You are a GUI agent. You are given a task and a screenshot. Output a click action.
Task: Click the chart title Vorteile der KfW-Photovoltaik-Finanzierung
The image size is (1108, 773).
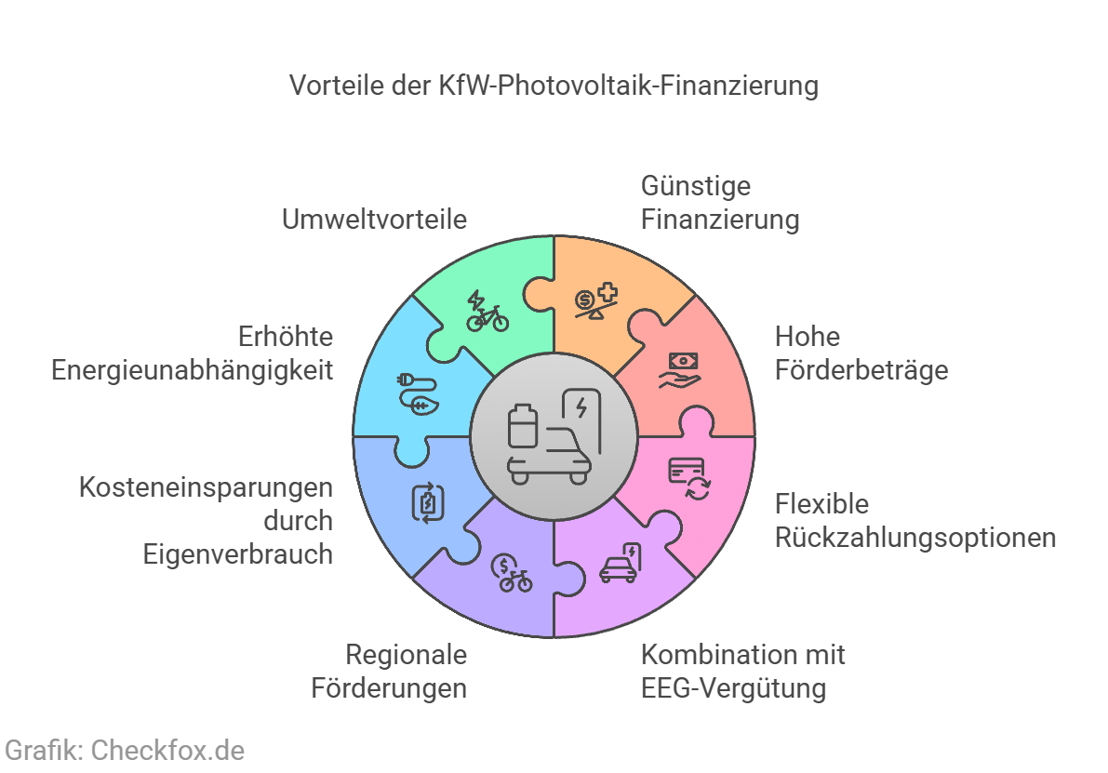coord(554,86)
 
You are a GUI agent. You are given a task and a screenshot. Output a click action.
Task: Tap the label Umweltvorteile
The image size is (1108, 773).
coord(375,219)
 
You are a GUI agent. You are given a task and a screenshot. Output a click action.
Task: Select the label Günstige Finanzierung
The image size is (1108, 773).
coord(720,202)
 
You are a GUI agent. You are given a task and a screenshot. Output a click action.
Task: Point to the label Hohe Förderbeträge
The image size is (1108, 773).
coord(861,353)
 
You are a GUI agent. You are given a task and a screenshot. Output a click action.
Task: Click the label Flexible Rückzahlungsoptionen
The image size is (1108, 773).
coord(915,521)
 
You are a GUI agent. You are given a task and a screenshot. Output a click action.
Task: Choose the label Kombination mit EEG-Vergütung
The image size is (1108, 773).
coord(742,672)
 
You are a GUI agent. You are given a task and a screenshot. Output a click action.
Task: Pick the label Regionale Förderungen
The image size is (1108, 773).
coord(390,672)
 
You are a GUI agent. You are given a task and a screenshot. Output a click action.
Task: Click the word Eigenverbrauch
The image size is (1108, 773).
coord(238,554)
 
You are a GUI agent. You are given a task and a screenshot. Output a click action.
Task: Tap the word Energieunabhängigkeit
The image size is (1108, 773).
coord(193,370)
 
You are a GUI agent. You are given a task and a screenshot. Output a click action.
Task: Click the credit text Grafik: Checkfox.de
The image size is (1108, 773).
coord(125,751)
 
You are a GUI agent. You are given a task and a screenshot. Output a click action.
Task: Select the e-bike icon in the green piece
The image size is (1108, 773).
coord(487,312)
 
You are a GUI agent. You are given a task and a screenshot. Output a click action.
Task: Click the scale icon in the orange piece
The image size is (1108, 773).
coord(596,301)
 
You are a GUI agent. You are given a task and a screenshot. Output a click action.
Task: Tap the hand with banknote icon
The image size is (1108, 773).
coord(680,370)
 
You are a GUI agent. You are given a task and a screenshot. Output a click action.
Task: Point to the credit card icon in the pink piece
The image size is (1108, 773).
coord(689,478)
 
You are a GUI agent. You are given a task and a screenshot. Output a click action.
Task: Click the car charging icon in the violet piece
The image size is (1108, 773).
coord(621,563)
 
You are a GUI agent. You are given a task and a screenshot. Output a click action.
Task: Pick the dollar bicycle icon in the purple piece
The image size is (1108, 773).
coord(512,573)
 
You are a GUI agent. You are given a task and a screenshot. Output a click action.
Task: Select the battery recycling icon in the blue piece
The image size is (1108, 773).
coord(428,502)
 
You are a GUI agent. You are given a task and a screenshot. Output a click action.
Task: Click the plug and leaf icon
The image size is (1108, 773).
coord(419,394)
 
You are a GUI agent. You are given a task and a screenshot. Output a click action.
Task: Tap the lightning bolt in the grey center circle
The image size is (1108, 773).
coord(581,407)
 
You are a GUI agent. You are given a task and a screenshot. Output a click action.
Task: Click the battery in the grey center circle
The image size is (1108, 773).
coord(523,426)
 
